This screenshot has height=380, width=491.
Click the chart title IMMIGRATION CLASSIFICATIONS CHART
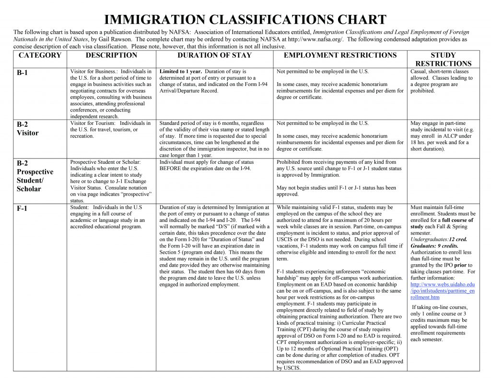tap(245, 20)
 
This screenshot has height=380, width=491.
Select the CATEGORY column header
tap(40, 55)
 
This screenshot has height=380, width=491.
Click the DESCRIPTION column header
tap(111, 55)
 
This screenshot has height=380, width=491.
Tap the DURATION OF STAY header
tap(214, 55)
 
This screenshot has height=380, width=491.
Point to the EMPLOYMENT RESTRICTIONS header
tap(340, 55)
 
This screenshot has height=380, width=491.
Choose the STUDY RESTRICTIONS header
tap(443, 59)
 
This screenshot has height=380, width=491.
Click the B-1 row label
tap(23, 73)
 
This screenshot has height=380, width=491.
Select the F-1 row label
tap(23, 209)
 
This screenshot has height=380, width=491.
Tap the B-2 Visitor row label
tap(27, 129)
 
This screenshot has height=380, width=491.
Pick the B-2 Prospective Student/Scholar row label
tap(35, 176)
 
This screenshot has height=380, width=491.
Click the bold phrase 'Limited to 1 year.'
tap(181, 72)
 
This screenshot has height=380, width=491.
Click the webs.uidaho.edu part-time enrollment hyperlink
tap(443, 291)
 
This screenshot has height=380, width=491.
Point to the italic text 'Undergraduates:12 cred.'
tap(439, 239)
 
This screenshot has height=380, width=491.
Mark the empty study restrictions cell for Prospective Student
tap(443, 181)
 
